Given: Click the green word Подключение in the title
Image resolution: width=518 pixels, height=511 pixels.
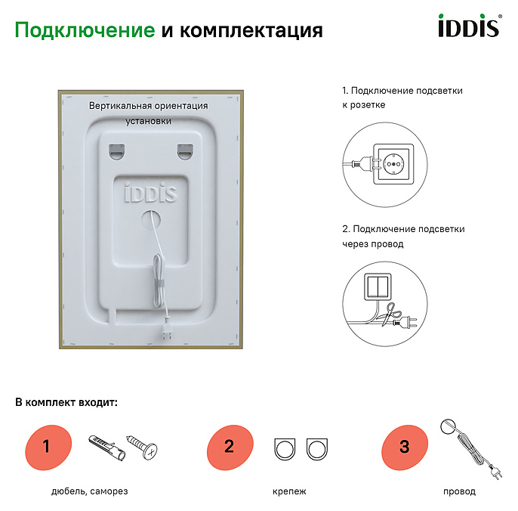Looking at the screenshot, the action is [85, 30].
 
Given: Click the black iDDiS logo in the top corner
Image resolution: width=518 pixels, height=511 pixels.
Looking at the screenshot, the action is [470, 25].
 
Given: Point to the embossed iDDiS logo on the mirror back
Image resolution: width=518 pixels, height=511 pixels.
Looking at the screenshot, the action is [151, 193].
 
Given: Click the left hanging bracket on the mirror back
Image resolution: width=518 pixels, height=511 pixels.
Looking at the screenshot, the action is [116, 151].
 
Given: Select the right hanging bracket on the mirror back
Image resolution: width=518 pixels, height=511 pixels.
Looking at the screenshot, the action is [185, 151].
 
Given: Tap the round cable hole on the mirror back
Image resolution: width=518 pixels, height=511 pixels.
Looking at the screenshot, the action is [151, 220].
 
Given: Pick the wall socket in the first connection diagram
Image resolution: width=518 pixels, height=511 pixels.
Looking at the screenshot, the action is [393, 164].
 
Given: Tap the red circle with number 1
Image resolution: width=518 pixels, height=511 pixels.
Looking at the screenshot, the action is [48, 448].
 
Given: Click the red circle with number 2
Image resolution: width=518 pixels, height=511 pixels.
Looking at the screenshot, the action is [230, 448].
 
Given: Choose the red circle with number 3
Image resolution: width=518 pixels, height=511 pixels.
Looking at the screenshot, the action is [405, 448].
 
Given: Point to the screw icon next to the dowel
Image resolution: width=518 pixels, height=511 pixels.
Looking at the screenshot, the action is [142, 447].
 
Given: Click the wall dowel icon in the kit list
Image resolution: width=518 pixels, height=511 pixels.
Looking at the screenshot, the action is [107, 448].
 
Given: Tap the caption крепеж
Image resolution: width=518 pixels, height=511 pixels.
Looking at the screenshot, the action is [289, 491].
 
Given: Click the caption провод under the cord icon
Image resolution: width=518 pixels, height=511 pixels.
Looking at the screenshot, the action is [459, 491].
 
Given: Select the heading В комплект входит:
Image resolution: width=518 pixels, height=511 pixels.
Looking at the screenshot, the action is [66, 402].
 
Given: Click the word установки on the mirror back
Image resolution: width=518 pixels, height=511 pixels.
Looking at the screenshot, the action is [148, 121].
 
